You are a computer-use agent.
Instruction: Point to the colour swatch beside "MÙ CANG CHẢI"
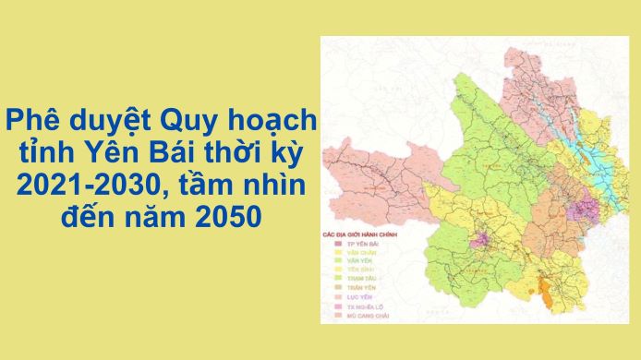click(336, 316)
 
